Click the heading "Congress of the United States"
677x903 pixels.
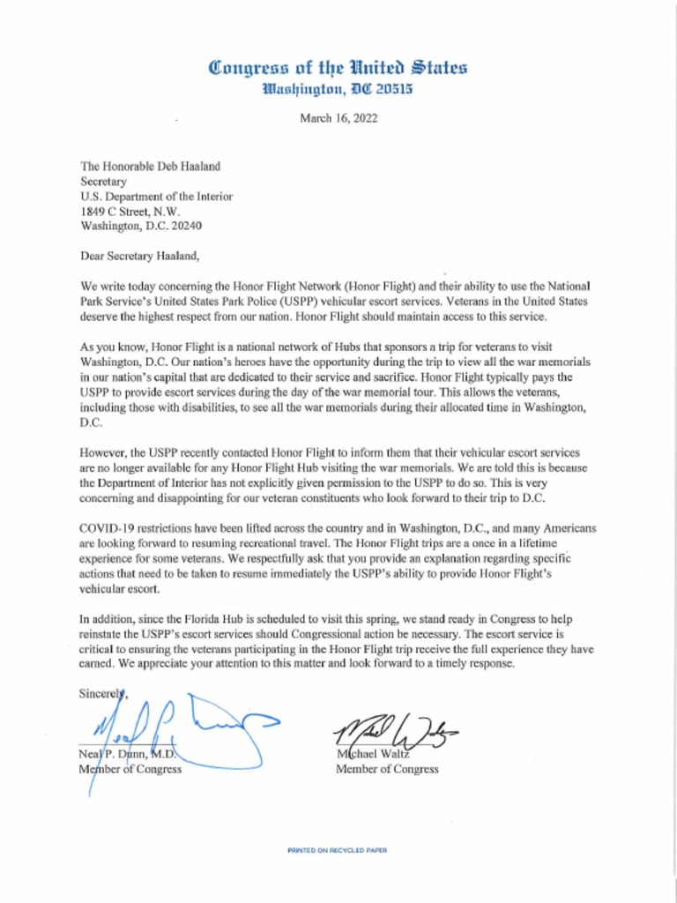click(338, 67)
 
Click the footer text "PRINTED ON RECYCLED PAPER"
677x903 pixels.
click(338, 851)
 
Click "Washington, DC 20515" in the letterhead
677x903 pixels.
click(338, 89)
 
